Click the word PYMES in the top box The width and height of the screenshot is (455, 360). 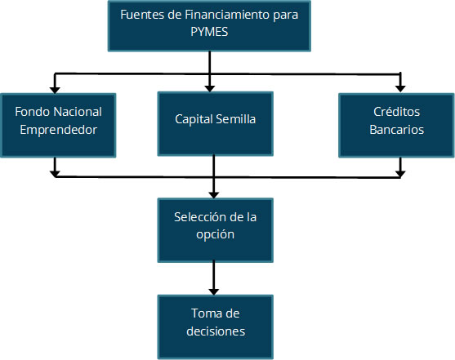tap(209, 32)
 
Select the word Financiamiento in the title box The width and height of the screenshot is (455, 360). tap(227, 15)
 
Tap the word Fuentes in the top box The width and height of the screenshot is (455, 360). tap(142, 15)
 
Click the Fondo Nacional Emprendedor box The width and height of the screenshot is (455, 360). tap(58, 126)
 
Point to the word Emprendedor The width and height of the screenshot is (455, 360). tap(58, 130)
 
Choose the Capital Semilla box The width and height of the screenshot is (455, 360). tap(216, 124)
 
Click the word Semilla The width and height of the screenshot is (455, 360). tap(235, 119)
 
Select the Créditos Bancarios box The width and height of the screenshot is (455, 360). tap(396, 126)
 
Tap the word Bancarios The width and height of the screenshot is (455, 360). tap(397, 130)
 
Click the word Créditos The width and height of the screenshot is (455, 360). tap(397, 112)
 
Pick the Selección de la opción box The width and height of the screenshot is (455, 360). tap(216, 230)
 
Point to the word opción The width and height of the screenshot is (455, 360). tap(216, 234)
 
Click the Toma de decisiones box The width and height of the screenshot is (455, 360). tap(216, 327)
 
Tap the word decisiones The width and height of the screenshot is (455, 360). tap(216, 331)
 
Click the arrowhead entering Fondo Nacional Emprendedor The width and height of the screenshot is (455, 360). tap(55, 91)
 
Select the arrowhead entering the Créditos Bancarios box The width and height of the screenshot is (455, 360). tap(400, 89)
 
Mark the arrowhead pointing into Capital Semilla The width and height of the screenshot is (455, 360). tap(209, 89)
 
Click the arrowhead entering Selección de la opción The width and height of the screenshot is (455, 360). tap(214, 195)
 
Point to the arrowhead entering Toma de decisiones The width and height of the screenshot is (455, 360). tap(214, 291)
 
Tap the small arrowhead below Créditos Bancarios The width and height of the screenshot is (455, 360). tap(400, 174)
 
